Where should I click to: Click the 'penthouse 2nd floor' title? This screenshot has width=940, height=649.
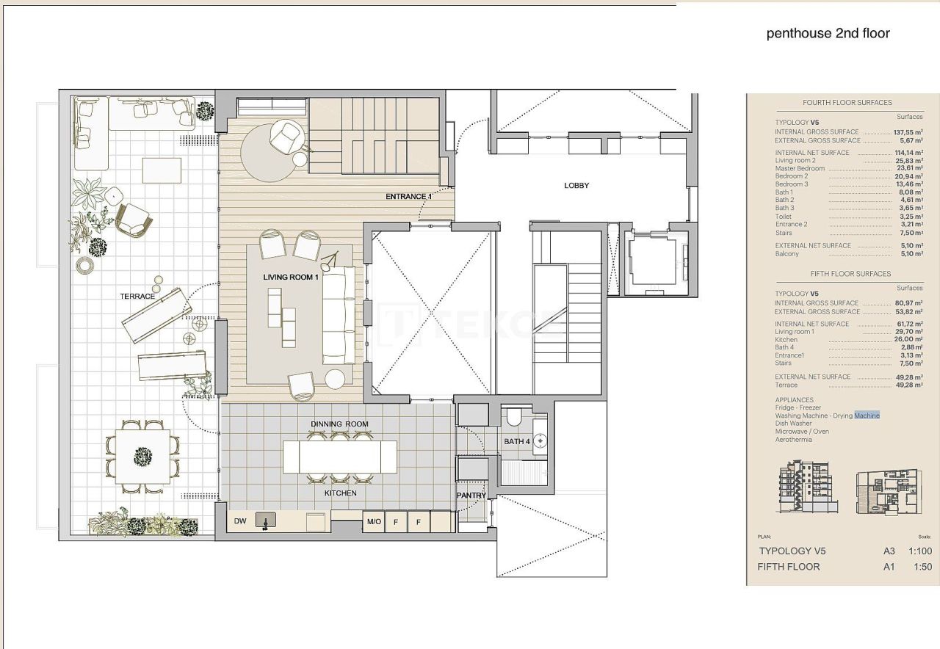click(828, 33)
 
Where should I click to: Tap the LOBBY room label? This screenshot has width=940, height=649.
click(576, 186)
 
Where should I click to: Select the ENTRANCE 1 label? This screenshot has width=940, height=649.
click(409, 196)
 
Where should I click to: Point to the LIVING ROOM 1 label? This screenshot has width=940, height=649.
click(291, 277)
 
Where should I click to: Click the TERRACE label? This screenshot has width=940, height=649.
click(137, 296)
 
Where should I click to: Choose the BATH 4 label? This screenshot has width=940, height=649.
click(517, 441)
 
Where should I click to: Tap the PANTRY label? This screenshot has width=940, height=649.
click(471, 496)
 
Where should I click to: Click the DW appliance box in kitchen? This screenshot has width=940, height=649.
click(240, 521)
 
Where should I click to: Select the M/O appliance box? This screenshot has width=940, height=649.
click(374, 521)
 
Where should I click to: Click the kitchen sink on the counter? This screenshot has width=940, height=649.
click(266, 521)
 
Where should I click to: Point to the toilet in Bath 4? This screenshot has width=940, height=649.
click(514, 418)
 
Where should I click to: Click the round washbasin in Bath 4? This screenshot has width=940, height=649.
click(540, 441)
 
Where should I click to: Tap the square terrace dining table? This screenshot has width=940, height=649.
click(143, 456)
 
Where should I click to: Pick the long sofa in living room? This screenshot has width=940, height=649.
click(339, 314)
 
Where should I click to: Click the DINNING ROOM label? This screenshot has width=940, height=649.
click(339, 424)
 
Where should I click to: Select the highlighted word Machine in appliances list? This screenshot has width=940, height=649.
click(867, 416)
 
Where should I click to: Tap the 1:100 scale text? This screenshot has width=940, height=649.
click(919, 551)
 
